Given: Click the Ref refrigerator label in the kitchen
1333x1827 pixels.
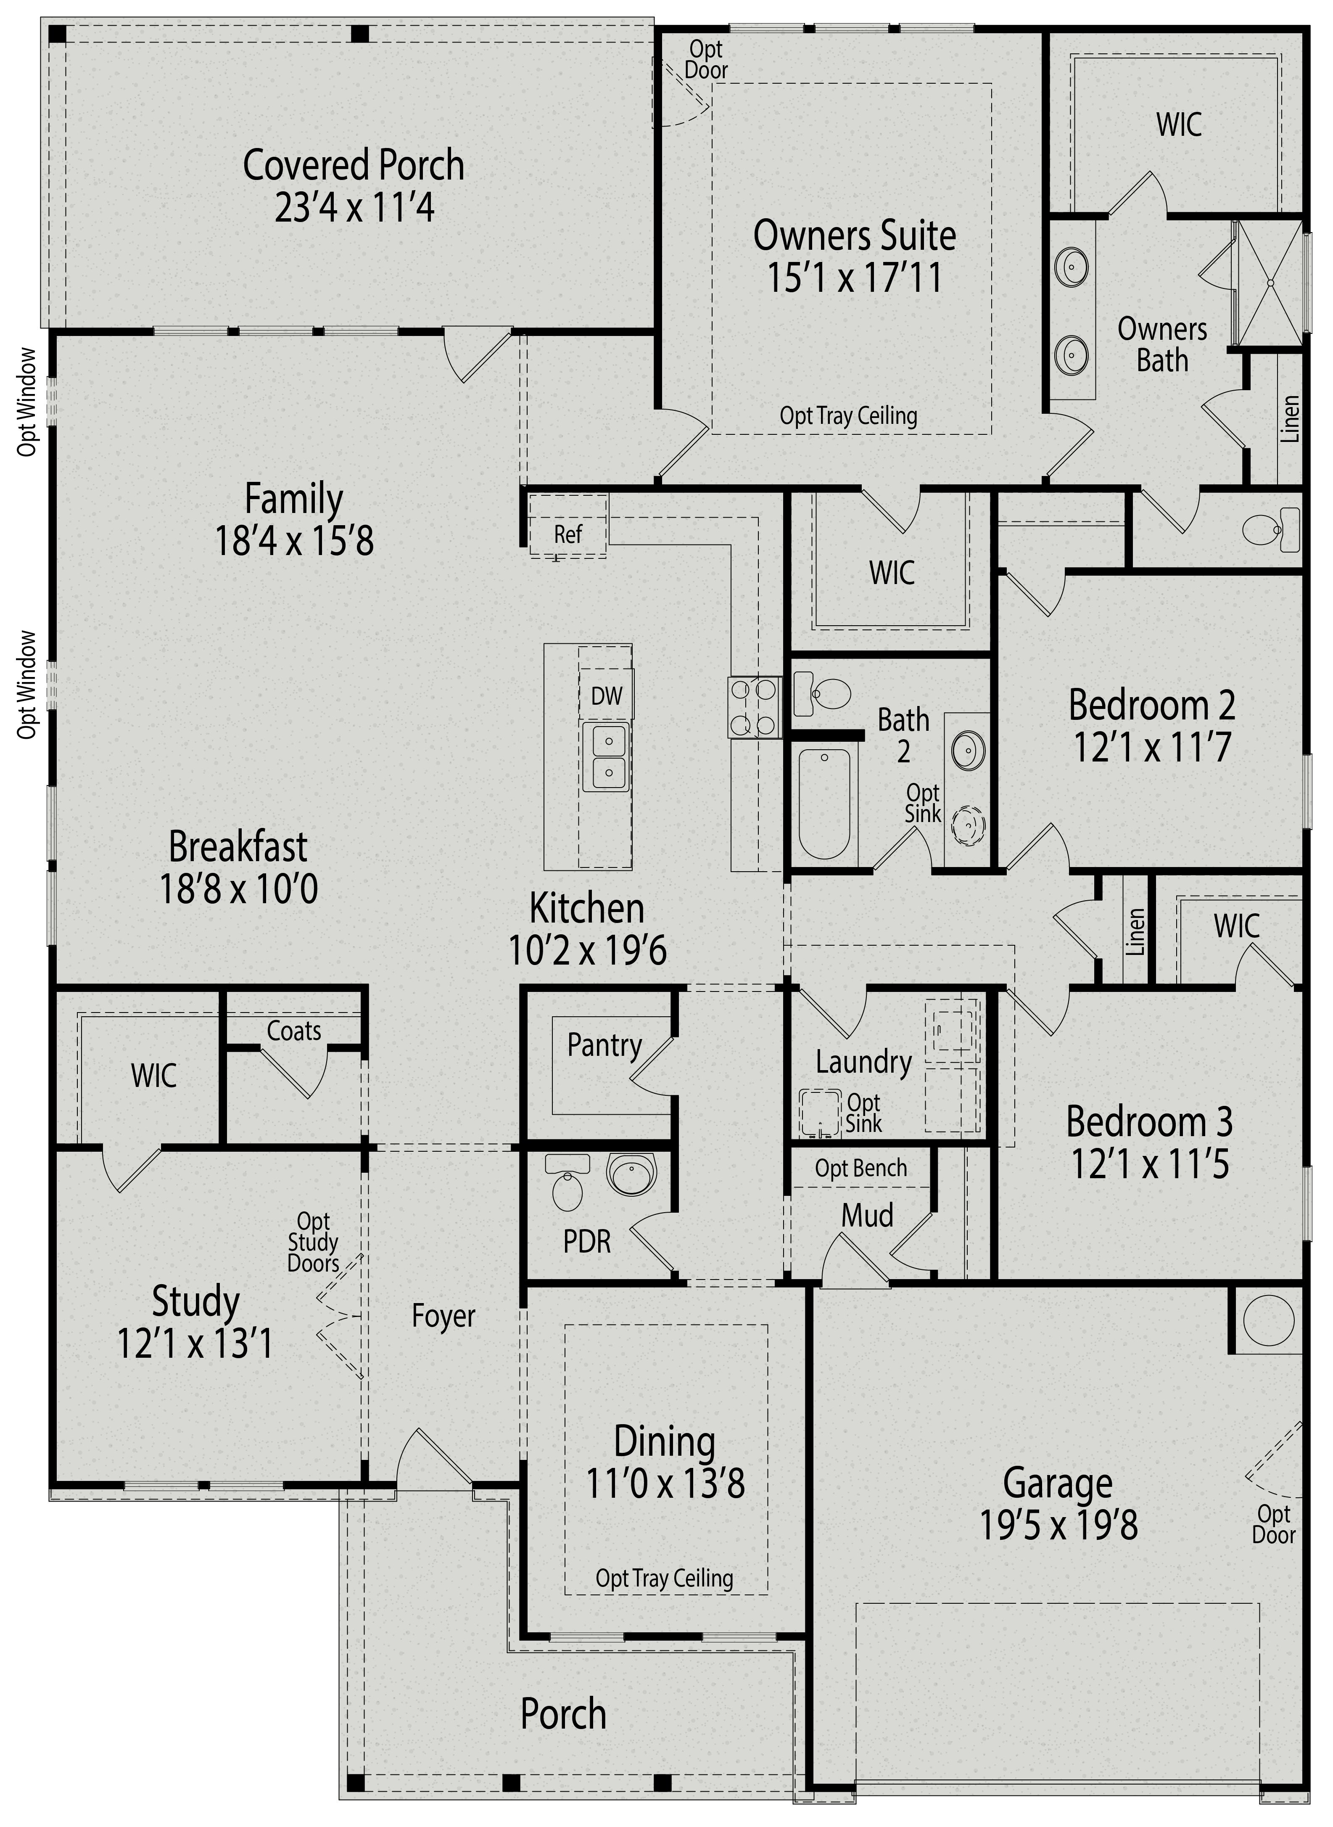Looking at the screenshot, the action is [568, 534].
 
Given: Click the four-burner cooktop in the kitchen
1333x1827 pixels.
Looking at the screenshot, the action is [754, 707].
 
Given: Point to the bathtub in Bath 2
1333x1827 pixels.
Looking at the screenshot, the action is [825, 803].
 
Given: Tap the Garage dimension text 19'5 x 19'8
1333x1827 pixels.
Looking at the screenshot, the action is [1058, 1525].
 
